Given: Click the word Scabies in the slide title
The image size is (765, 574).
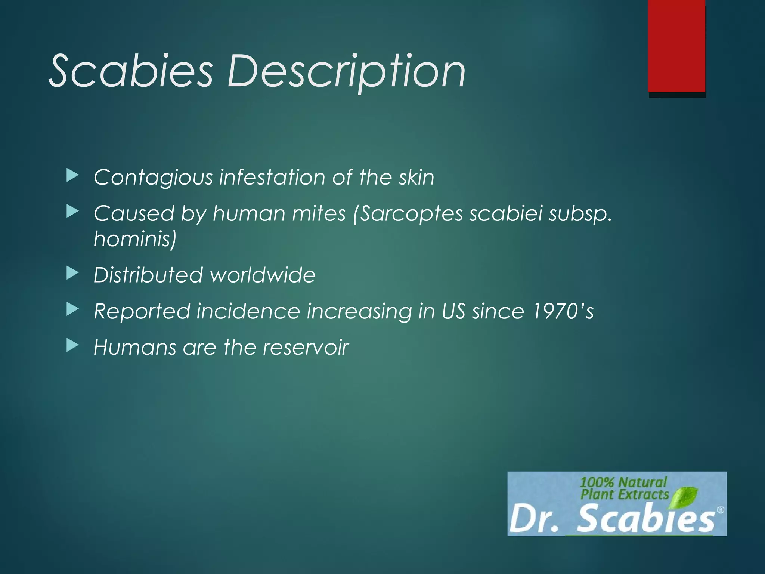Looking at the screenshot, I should pos(131,71).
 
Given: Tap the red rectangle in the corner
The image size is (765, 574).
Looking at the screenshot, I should pos(676,46).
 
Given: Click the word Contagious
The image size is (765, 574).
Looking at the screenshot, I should pos(153,178).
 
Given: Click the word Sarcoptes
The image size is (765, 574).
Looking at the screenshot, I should pos(411,214).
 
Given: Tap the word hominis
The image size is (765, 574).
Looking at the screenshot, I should pos(134,239).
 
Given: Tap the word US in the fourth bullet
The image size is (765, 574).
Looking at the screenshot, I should pos(453,311).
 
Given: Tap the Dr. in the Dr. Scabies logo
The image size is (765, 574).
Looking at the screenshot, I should pos(534,520).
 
